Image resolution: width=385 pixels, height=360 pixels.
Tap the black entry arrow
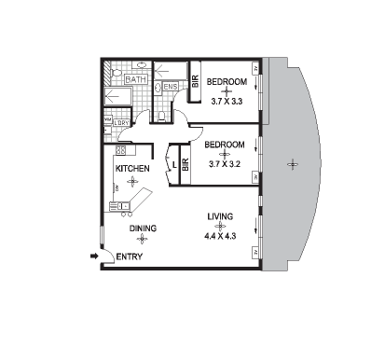pos(94,256)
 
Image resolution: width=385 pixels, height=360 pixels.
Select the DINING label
pos(143,228)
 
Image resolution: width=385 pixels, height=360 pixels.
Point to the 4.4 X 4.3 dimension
pos(220,237)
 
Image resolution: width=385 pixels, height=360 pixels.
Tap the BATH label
pos(134,80)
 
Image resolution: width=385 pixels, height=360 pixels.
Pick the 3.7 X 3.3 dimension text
pos(227,101)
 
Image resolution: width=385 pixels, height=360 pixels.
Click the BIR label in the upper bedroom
pos(196,82)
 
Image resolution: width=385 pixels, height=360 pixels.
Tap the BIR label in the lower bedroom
pos(186,168)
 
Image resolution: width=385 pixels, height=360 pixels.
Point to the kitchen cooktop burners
pos(120,150)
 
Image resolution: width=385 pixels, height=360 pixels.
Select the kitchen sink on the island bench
pos(120,205)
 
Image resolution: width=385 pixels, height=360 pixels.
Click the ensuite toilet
pos(161,115)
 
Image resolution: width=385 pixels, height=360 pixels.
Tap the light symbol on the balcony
pos(294,165)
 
